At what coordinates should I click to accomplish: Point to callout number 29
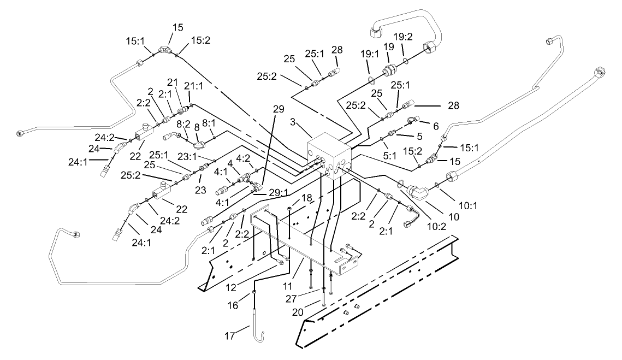[x=278, y=109]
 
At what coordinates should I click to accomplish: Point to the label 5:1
[x=389, y=155]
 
